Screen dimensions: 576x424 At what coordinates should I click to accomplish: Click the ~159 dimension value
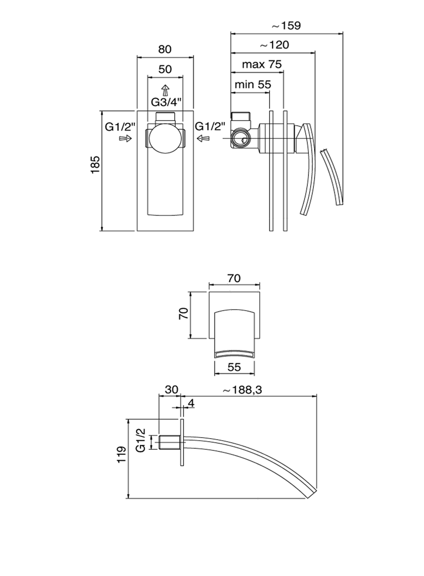click(287, 25)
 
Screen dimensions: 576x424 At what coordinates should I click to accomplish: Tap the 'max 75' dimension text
click(261, 64)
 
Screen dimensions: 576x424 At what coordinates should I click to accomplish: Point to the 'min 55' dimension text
click(253, 85)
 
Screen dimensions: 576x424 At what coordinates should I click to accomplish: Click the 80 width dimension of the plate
click(164, 49)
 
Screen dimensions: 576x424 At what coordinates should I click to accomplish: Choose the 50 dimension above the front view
click(164, 69)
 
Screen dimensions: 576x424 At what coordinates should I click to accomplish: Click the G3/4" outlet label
click(165, 102)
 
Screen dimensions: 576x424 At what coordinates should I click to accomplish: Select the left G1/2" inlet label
click(121, 126)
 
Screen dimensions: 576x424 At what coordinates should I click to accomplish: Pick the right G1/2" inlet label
click(210, 126)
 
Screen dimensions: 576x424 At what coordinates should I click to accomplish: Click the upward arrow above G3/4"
click(165, 90)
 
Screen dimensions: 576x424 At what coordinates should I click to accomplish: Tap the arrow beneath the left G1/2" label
click(125, 138)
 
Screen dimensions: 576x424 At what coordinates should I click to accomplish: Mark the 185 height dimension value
click(95, 165)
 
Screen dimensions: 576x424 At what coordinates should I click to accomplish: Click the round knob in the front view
click(165, 139)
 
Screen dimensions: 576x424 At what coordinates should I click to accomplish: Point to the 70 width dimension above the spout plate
click(234, 278)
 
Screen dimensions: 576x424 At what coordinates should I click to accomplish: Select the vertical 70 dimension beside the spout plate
click(184, 313)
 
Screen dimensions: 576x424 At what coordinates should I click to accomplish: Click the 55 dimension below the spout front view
click(234, 368)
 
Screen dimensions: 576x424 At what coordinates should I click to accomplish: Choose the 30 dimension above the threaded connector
click(171, 390)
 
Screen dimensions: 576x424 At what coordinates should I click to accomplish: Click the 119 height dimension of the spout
click(122, 455)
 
